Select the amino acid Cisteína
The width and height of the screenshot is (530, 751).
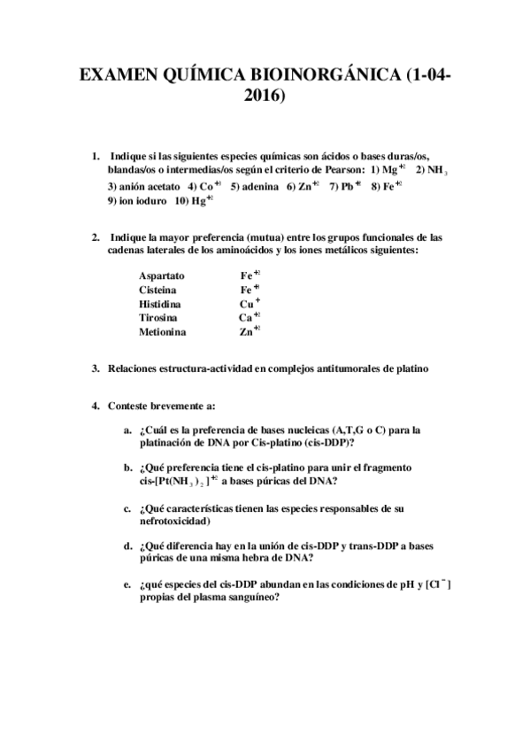tap(157, 289)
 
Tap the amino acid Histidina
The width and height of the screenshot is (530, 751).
tap(160, 303)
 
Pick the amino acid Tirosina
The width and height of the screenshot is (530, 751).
tap(157, 317)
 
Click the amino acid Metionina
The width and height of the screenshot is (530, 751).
tap(162, 331)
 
